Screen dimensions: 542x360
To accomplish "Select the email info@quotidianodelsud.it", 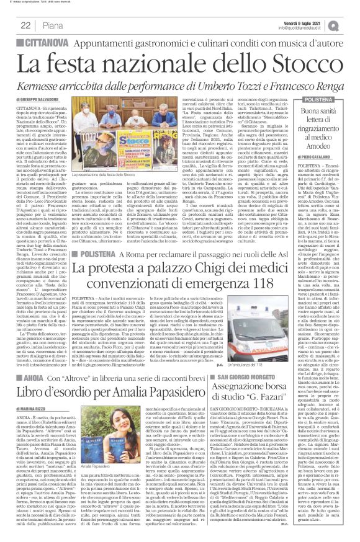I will click(x=311, y=28).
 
